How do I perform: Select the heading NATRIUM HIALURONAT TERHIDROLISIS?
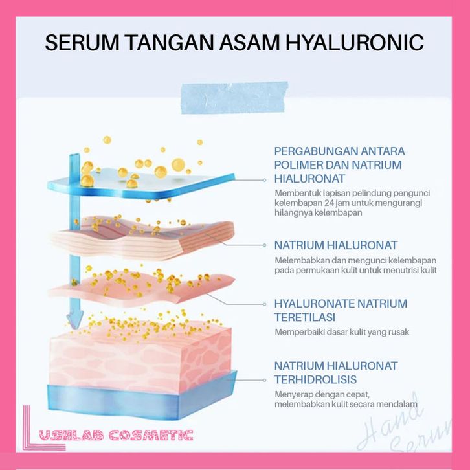tap(335, 372)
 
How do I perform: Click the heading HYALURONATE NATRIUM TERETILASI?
tap(341, 310)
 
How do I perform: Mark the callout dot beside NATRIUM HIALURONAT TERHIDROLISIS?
tap(266, 381)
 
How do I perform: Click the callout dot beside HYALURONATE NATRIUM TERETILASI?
tap(266, 304)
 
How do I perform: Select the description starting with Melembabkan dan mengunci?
tap(347, 265)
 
